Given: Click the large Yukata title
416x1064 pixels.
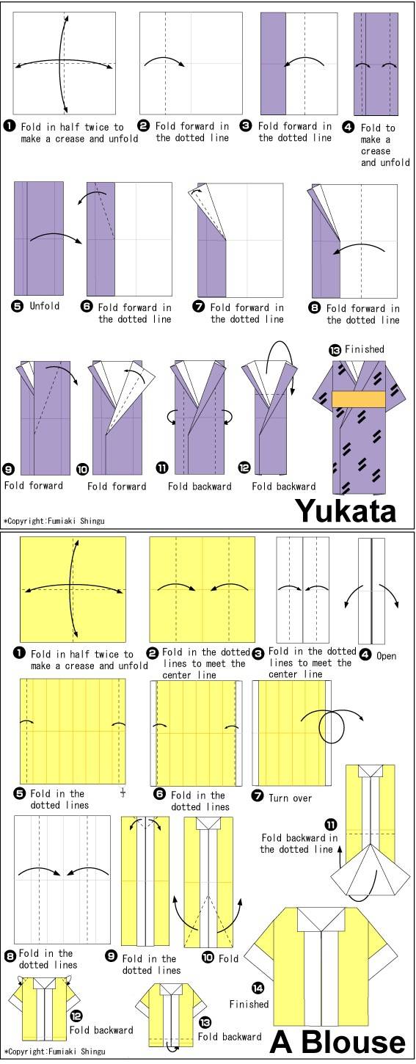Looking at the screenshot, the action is click(x=346, y=511).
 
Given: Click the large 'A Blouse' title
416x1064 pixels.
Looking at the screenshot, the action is click(x=337, y=1043).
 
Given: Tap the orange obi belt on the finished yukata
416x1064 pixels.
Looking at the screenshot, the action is click(x=359, y=399).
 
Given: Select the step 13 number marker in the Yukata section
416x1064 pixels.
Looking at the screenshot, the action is click(x=335, y=351).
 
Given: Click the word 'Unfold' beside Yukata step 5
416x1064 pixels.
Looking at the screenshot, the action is click(x=45, y=306).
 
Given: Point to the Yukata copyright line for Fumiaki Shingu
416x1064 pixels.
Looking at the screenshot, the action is click(x=54, y=520).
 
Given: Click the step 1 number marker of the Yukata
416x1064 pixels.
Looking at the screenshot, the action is click(x=9, y=126).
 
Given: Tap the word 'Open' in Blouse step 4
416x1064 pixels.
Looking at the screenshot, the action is click(x=386, y=656).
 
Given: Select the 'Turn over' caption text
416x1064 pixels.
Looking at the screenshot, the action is click(x=290, y=798).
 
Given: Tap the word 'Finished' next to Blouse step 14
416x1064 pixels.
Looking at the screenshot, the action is click(x=249, y=1004).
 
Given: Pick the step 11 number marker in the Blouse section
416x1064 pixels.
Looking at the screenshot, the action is click(x=331, y=824).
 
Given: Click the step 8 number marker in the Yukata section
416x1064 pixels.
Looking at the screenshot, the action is click(x=315, y=307).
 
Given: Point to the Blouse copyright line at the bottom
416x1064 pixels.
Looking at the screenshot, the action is click(x=54, y=1052).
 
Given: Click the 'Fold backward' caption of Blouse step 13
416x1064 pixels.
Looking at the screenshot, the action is click(x=230, y=1036).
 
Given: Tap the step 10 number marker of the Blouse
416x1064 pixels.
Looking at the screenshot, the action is click(x=208, y=957).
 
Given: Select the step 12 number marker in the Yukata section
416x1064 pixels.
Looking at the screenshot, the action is click(x=244, y=468).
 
